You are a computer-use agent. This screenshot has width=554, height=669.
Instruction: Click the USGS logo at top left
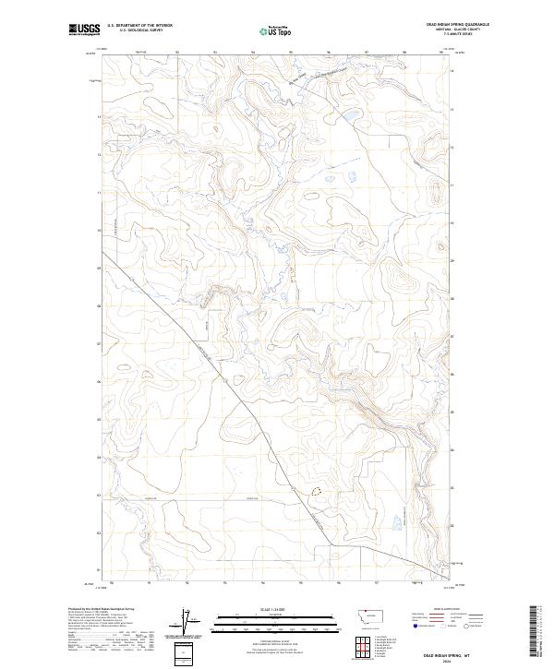(x=85, y=30)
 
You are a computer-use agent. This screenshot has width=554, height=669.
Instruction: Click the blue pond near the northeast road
(x=351, y=115)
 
